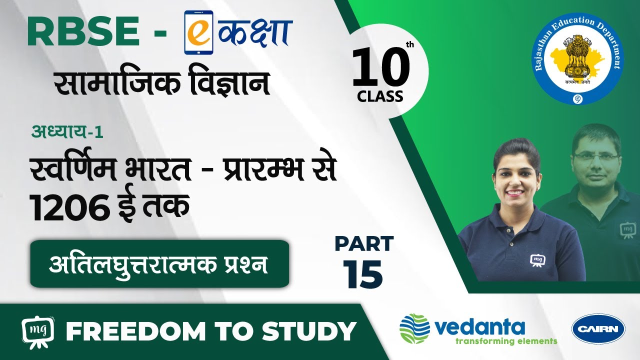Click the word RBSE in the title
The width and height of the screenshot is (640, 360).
coord(83,31)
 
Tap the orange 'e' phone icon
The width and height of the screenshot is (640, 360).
coord(198,32)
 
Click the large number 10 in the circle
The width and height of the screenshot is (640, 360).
coord(380,67)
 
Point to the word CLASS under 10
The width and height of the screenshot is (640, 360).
coord(379,96)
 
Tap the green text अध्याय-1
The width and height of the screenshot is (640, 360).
coord(67,132)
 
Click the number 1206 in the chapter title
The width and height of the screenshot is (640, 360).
coord(70,207)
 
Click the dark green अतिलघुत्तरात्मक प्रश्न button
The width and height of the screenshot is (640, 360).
coord(159,263)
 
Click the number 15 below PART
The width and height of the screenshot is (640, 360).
coord(362,274)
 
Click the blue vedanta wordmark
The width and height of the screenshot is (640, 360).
coord(480,327)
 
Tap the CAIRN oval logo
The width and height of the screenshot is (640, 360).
coord(598,329)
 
